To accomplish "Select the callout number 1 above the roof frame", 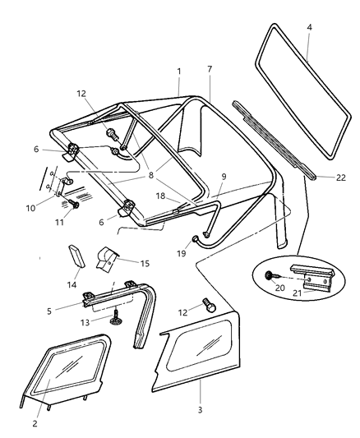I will (x=178, y=71).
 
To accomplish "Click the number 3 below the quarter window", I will (x=201, y=408).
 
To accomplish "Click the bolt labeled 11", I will (x=75, y=205).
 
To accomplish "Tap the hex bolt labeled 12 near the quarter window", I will (x=210, y=305).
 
